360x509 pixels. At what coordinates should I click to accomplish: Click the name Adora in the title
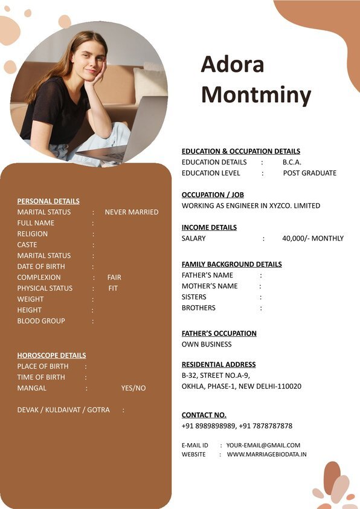pos(233,65)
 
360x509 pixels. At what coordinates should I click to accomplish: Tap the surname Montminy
pos(256,95)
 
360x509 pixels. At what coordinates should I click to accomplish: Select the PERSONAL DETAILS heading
pos(48,201)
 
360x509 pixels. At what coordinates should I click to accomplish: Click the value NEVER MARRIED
pos(132,212)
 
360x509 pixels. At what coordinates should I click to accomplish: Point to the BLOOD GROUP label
pos(41,321)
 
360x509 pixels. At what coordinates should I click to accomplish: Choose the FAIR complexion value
pos(114,277)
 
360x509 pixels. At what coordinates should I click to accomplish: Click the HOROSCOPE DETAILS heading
pos(51,355)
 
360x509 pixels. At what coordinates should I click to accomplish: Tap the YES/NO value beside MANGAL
pos(133,388)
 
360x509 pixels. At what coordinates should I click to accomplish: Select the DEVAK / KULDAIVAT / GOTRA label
pos(63,410)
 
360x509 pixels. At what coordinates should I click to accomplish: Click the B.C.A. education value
pos(292,162)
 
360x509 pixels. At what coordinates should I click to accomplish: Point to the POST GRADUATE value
pos(310,173)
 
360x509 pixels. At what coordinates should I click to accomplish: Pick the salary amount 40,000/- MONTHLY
pos(313,238)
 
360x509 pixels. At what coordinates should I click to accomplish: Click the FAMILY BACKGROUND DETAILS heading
pos(232,264)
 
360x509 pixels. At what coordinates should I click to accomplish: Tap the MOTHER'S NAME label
pos(210,286)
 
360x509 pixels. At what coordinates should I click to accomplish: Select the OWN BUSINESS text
pos(207,344)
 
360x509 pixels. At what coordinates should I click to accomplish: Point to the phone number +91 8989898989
pos(208,426)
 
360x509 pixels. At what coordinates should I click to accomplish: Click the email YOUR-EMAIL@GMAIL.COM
pos(263,445)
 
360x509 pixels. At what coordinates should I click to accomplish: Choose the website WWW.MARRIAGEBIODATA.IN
pos(267,454)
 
